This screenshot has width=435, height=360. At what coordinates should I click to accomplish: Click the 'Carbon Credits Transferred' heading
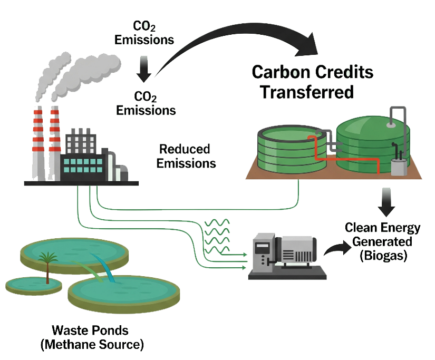(312, 82)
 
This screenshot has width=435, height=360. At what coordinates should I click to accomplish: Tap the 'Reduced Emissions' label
(186, 156)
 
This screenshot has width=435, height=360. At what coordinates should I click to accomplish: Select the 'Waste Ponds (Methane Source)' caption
(92, 337)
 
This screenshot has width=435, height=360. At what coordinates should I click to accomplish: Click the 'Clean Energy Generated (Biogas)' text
(383, 241)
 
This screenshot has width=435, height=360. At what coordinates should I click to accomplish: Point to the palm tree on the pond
(47, 267)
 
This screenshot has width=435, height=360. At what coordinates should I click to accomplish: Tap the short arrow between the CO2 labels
(144, 69)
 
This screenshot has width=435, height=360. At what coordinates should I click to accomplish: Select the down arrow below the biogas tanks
(386, 202)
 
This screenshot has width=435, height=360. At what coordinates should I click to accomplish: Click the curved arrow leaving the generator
(337, 248)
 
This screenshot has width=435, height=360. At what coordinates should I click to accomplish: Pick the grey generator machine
(287, 256)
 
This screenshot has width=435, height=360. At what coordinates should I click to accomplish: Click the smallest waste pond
(34, 285)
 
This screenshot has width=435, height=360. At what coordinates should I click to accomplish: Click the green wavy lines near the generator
(217, 236)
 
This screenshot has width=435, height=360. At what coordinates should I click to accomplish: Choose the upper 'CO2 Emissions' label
(144, 33)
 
